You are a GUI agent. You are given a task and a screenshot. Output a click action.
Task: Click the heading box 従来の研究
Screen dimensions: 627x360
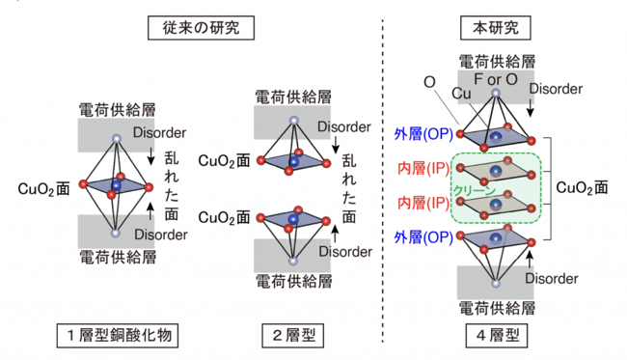(x=201, y=28)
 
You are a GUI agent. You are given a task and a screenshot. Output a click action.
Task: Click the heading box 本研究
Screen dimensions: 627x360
(x=496, y=28)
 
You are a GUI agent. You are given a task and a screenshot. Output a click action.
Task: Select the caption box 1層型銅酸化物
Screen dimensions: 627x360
(x=117, y=335)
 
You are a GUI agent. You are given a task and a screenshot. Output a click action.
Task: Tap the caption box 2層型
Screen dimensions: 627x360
(x=292, y=335)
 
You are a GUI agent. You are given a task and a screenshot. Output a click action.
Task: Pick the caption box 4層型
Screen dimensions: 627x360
(x=496, y=335)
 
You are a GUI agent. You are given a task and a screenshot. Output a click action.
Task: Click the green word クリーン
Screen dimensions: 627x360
(x=474, y=191)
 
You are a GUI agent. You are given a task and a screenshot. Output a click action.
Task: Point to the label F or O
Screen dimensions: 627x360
(x=496, y=79)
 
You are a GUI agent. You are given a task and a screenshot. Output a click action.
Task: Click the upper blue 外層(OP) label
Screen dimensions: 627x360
(x=423, y=134)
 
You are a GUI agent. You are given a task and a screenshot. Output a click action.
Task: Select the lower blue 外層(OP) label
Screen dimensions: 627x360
(x=423, y=237)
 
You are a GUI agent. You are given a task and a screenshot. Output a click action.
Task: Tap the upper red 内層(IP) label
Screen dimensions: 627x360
(x=423, y=168)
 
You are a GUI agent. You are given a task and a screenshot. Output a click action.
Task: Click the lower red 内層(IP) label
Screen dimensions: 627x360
(x=423, y=203)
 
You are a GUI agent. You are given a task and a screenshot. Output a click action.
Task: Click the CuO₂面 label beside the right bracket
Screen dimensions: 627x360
(x=582, y=187)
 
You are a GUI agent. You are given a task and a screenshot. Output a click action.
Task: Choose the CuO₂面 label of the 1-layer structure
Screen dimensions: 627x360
(x=44, y=189)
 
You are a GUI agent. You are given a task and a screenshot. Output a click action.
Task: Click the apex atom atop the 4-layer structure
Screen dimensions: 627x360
(x=496, y=94)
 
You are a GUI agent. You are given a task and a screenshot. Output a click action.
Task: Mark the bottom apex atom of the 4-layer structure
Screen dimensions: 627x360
(x=496, y=283)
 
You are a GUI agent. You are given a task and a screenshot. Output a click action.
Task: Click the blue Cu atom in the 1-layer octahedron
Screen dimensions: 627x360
(x=117, y=185)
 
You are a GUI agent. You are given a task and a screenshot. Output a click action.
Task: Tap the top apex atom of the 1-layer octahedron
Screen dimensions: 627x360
(x=117, y=139)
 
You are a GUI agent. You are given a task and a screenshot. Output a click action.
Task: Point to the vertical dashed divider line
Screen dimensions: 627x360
(x=382, y=180)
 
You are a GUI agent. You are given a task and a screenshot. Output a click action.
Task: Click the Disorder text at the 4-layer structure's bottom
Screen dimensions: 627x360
(x=552, y=278)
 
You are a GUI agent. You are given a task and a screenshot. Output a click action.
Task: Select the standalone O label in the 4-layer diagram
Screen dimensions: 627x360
(x=429, y=82)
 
